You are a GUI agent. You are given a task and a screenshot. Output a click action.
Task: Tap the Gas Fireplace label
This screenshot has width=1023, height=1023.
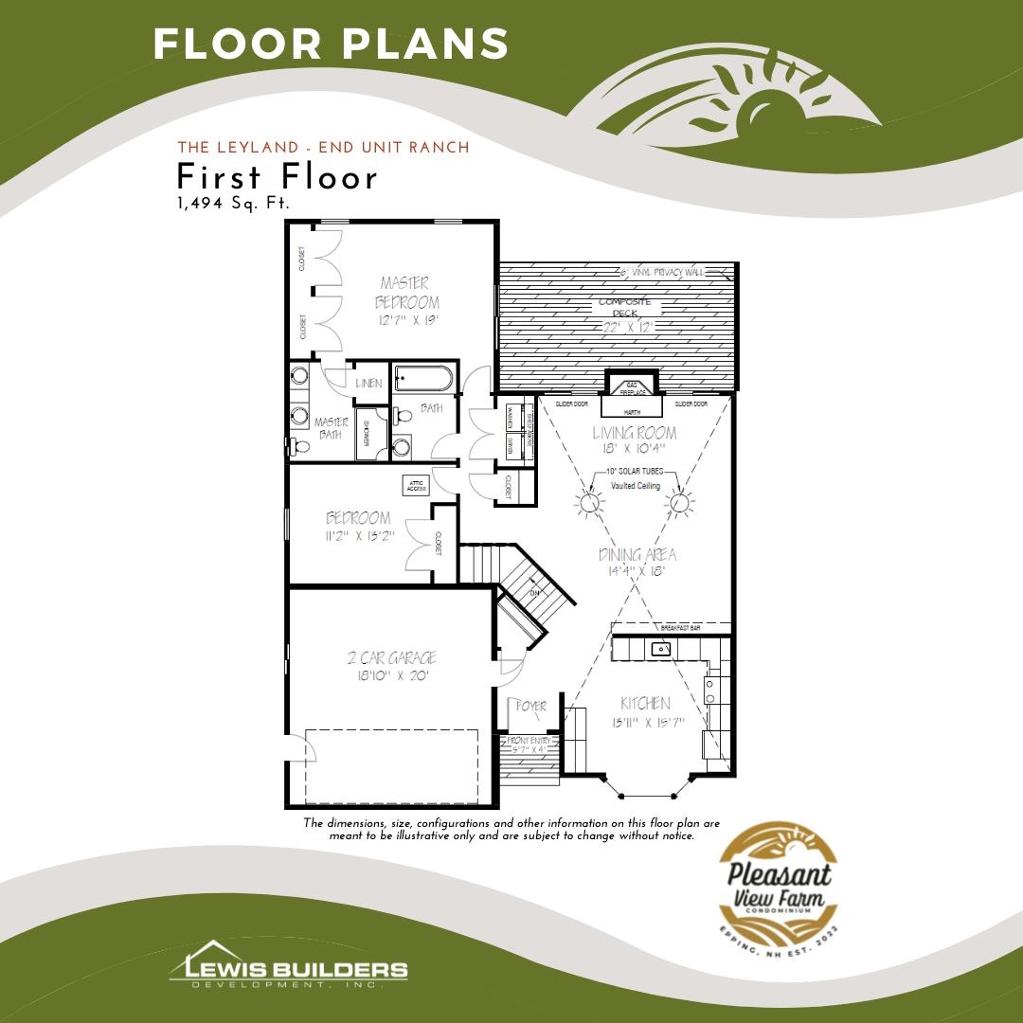632,387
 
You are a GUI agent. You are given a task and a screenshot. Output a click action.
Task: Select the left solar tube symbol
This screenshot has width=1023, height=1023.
590,503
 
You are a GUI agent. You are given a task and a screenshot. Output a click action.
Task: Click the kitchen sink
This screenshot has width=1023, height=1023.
660,650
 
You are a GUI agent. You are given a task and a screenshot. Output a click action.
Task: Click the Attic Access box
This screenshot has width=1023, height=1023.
415,483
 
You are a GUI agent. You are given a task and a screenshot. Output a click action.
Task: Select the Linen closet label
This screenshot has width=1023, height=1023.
368,384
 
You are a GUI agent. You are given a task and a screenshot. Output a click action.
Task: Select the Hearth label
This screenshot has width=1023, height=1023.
632,413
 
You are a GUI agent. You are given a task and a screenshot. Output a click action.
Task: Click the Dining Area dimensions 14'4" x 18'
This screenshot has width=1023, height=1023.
636,571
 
